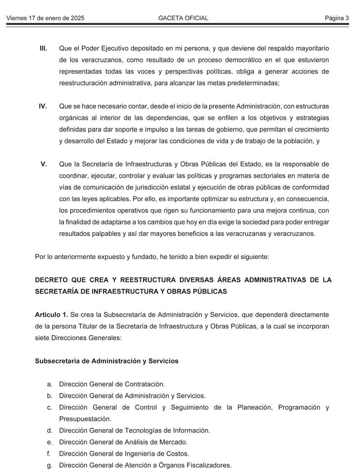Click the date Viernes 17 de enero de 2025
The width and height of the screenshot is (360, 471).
(45, 18)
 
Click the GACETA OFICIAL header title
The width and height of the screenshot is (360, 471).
(183, 18)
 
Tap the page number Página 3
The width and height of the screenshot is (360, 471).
(337, 18)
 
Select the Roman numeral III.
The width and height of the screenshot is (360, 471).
(43, 48)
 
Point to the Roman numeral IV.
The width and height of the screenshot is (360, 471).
(43, 106)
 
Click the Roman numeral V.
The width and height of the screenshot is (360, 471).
(44, 164)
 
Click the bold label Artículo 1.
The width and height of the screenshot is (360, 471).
(51, 314)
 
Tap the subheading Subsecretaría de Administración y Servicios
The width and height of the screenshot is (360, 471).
(107, 361)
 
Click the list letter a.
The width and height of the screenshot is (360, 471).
(49, 384)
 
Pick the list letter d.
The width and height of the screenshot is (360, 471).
(49, 431)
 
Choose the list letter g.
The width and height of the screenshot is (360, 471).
(49, 466)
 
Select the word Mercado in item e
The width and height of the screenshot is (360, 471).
(173, 442)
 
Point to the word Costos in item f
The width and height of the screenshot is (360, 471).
(178, 454)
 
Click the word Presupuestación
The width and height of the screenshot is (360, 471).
(85, 419)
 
